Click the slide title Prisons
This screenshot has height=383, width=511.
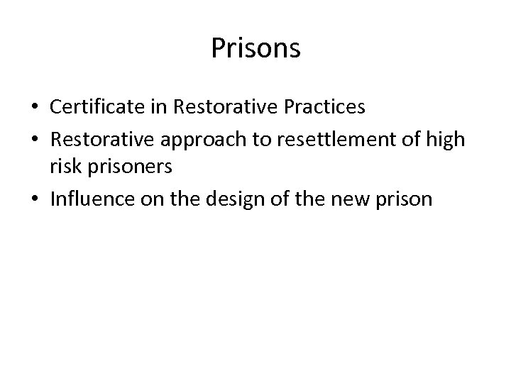tap(255, 49)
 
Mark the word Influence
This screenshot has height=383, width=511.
tap(90, 199)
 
